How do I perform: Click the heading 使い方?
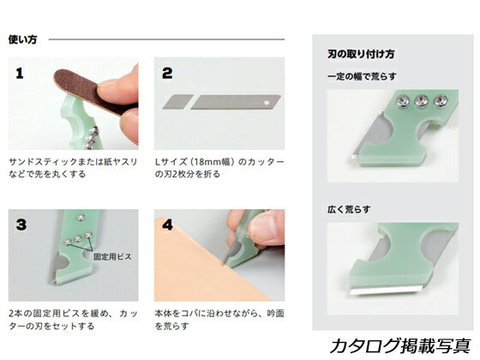click(x=22, y=39)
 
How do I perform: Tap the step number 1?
click(x=20, y=74)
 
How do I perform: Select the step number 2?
click(x=167, y=74)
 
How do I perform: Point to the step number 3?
click(x=21, y=225)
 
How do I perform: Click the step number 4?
click(x=167, y=225)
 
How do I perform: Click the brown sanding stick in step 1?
click(x=92, y=91)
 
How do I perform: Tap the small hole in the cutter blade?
click(x=267, y=103)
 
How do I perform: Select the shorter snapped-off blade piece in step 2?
click(x=178, y=102)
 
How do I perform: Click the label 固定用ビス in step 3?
click(x=112, y=256)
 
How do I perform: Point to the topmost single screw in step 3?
click(x=81, y=217)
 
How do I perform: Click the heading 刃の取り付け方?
click(x=361, y=54)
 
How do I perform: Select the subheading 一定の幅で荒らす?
click(x=362, y=76)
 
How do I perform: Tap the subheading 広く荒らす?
click(x=349, y=209)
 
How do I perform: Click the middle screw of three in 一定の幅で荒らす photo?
click(x=421, y=101)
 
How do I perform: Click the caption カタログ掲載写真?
click(x=399, y=346)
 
